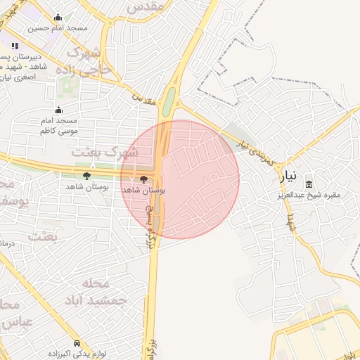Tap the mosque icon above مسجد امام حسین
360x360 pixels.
tap(58, 18)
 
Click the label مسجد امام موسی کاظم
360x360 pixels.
tap(58, 126)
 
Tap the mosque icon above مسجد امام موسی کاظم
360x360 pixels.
tap(58, 110)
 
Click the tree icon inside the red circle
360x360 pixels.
tap(145, 179)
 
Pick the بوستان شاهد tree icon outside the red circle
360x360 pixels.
tap(86, 176)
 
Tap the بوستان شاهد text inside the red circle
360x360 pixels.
tap(143, 191)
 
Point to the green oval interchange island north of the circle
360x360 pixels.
tap(169, 102)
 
